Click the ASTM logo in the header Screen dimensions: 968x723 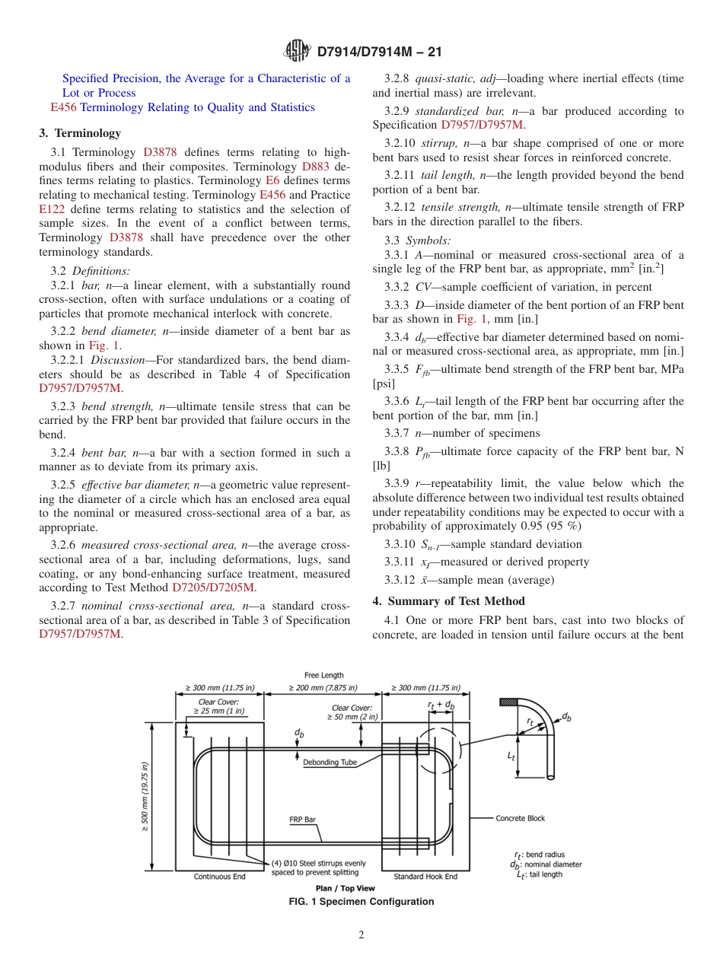(297, 51)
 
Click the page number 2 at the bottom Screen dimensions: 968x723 (361, 935)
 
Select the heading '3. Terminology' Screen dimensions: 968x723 (80, 133)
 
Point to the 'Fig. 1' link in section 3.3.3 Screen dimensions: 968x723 (470, 319)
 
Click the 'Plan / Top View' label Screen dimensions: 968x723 (346, 888)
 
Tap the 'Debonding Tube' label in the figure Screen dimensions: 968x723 (330, 762)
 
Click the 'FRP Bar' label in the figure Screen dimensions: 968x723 (302, 820)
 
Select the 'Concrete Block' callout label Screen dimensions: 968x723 (521, 818)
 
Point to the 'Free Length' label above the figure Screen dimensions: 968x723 (323, 675)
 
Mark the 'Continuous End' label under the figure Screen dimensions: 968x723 (219, 877)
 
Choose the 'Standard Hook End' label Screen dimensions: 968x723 (425, 877)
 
